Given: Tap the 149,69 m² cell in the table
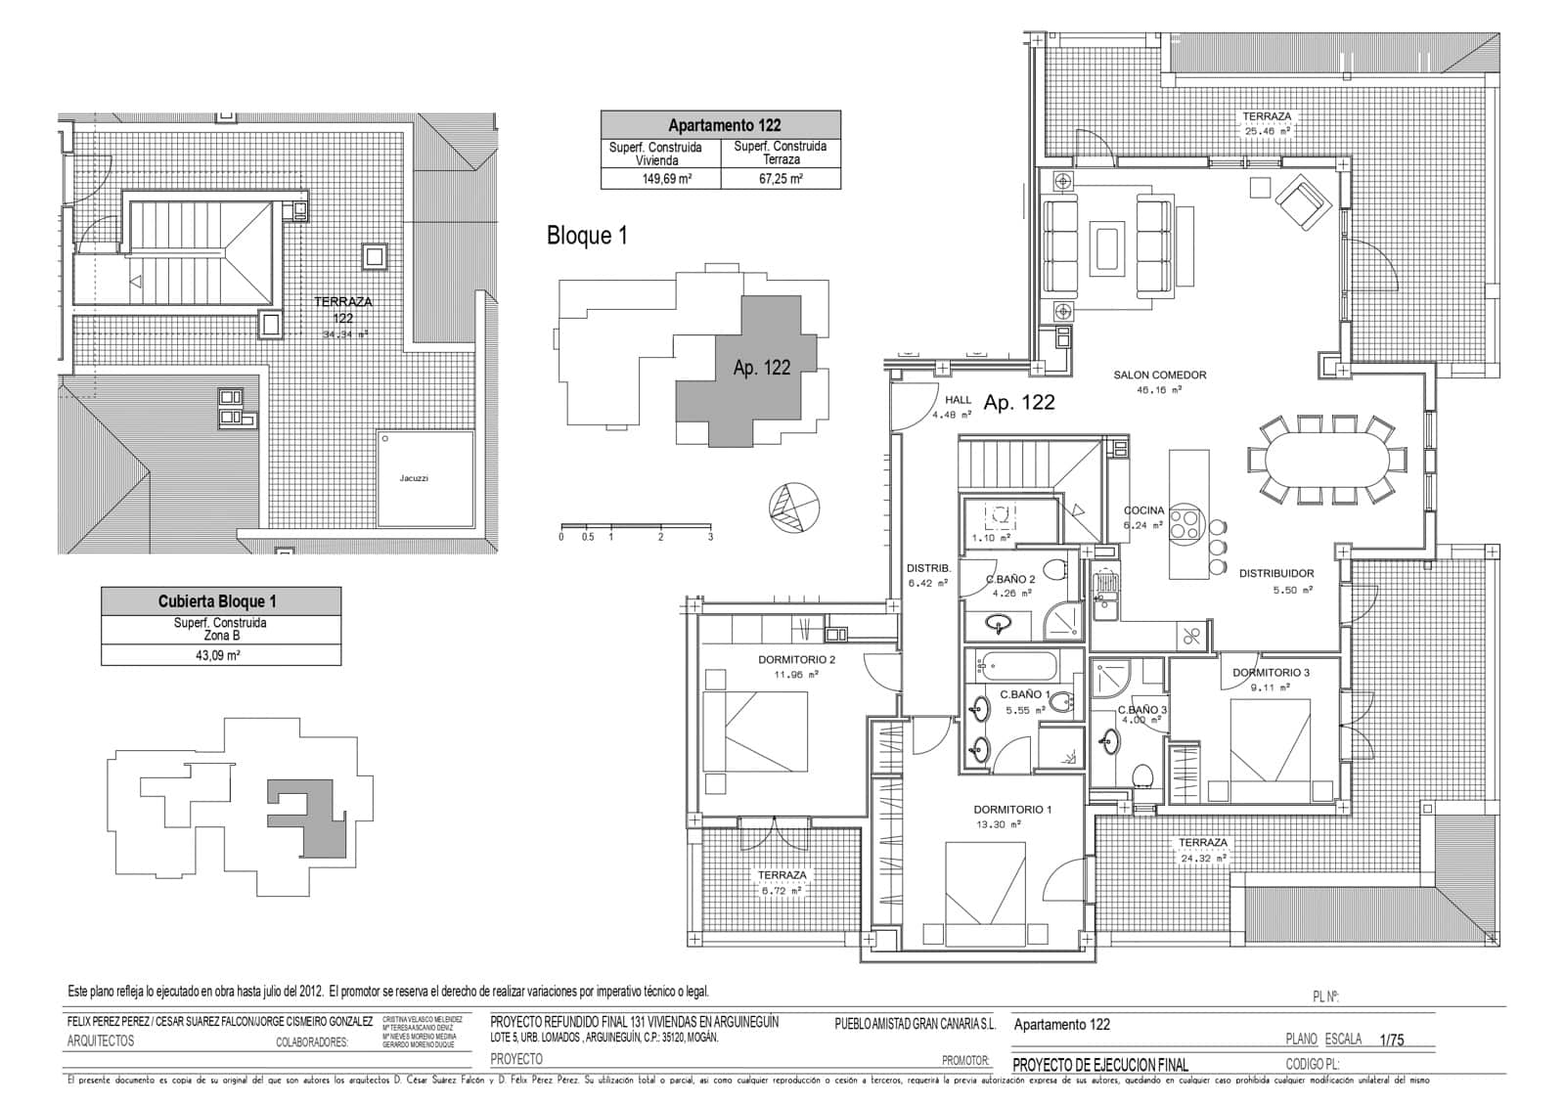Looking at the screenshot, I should [660, 179].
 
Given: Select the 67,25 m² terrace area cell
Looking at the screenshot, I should [781, 179].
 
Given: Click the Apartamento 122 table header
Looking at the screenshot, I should [720, 125].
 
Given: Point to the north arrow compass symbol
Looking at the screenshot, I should [793, 508].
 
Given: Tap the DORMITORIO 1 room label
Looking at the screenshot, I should [1012, 810].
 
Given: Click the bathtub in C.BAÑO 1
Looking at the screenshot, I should [1017, 668].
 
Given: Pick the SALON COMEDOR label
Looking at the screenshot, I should [1159, 375].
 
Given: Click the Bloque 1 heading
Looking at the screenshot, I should [587, 236].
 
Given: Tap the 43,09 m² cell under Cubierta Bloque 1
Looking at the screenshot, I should [221, 656].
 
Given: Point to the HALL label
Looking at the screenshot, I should [958, 400].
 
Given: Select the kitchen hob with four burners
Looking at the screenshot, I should [1185, 520].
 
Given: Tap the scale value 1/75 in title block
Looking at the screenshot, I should [1391, 1040].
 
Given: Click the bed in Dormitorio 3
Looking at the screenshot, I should [1269, 740].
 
